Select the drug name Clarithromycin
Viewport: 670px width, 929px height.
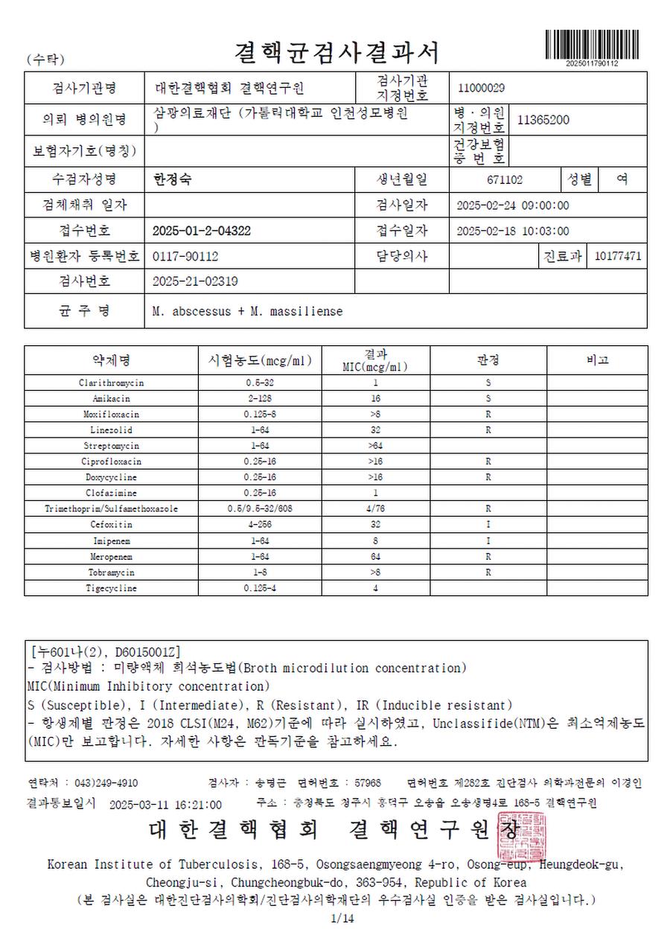point(111,383)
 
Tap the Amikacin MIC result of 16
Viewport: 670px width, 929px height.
point(375,398)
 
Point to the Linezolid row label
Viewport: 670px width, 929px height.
point(111,430)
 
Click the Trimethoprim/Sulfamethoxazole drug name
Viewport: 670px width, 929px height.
point(111,509)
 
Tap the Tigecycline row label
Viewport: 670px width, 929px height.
point(111,588)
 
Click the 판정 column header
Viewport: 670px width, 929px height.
point(488,360)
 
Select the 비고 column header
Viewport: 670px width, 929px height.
point(597,360)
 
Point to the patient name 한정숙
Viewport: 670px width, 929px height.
point(171,179)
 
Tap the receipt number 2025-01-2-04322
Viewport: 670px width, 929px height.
point(201,231)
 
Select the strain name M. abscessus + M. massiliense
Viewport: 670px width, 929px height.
point(247,311)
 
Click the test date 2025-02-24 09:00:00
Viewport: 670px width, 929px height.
point(512,205)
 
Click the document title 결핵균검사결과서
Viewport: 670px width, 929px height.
point(336,52)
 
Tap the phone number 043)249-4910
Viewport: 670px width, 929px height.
point(105,783)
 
